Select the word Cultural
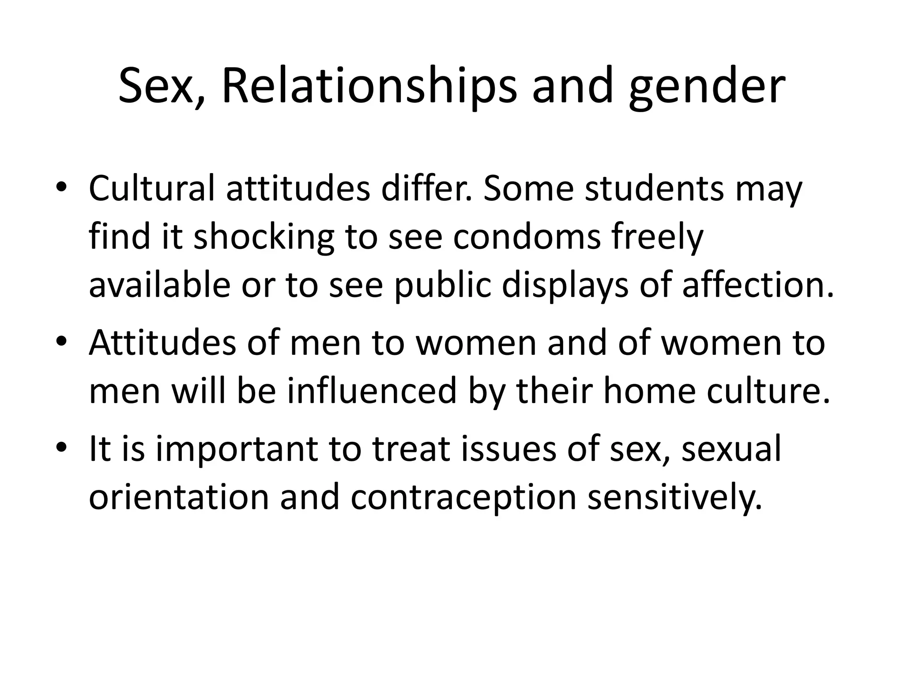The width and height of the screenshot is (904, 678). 152,188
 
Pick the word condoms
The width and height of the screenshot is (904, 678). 527,237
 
